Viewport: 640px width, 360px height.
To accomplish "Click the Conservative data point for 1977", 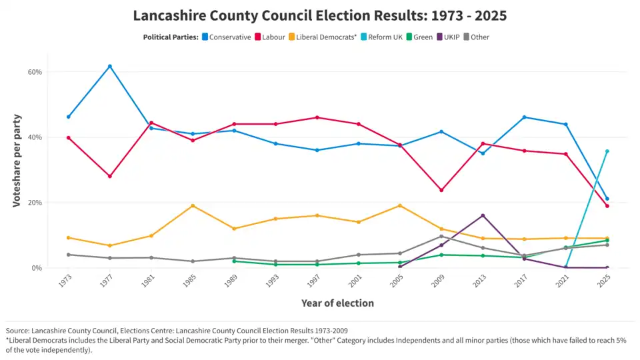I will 110,66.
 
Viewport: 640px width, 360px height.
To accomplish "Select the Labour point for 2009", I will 441,190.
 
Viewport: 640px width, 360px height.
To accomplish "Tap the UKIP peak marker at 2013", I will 483,215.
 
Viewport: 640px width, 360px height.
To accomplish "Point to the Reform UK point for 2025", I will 607,151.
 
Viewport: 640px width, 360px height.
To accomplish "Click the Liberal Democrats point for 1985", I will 193,205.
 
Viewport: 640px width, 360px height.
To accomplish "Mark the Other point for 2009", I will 441,236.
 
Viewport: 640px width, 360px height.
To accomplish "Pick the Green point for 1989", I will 234,261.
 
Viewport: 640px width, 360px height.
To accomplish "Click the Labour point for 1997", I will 317,117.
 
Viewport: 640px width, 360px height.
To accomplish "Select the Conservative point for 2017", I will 524,117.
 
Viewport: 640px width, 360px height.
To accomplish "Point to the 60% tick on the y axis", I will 35,72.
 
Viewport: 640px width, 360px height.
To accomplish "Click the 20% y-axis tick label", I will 35,203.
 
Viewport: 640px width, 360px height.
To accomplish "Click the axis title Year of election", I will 337,303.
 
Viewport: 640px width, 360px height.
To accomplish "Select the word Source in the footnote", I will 17,331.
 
